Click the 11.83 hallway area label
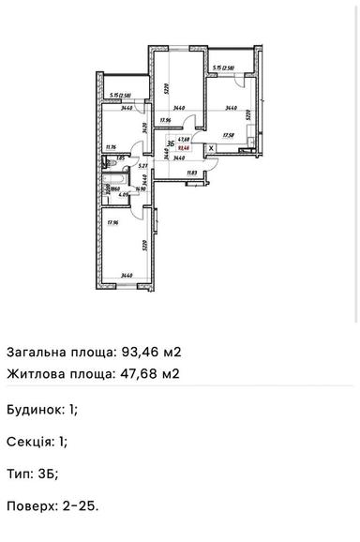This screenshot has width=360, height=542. (x=191, y=173)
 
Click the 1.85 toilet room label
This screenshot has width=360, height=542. (x=121, y=158)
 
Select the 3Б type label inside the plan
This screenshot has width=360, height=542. (x=171, y=143)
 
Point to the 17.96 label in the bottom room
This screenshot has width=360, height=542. (x=112, y=222)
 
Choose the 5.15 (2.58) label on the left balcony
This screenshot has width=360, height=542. (x=120, y=94)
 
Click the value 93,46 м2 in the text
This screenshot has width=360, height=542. (x=151, y=353)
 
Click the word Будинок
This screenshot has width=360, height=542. (x=35, y=410)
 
